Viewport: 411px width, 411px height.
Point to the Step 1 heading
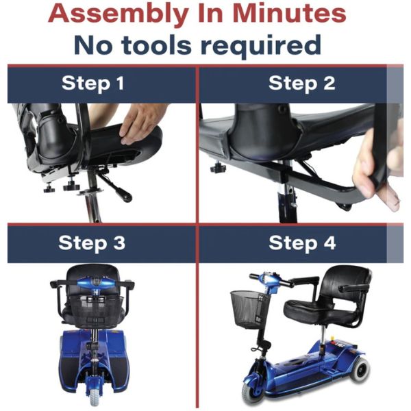[x=93, y=84]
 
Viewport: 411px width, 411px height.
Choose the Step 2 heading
[x=301, y=84]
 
